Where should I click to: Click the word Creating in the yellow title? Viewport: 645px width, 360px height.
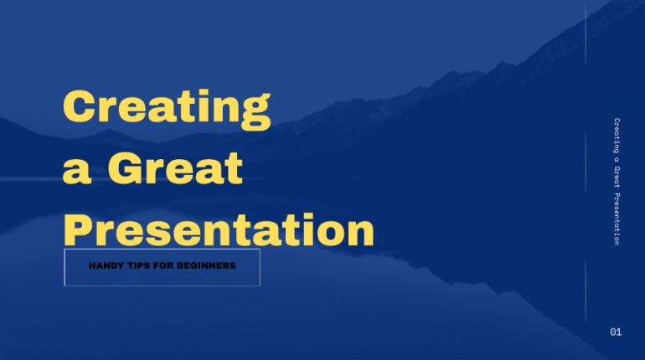[167, 108]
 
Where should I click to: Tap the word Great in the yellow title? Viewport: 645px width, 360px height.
[175, 168]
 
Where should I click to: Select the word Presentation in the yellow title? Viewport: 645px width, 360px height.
[219, 228]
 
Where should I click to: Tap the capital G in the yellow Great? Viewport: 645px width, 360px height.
[126, 168]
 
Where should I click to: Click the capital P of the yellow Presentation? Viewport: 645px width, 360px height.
[80, 228]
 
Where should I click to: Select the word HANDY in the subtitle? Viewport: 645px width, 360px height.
[106, 266]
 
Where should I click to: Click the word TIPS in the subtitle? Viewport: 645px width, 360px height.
[140, 266]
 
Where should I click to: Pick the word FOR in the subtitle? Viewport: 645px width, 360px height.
[167, 266]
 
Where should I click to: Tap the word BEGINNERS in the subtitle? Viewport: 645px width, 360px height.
[208, 266]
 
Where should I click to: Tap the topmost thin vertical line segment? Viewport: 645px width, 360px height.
[586, 33]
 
